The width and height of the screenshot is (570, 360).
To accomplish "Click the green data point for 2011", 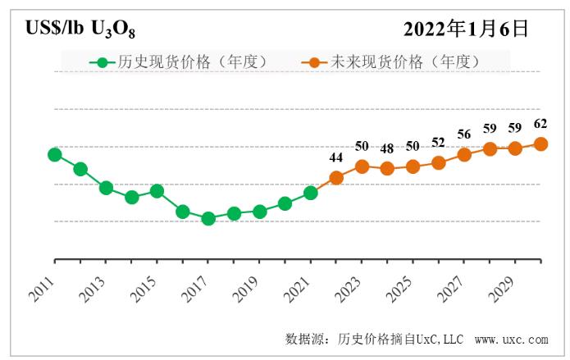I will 55,154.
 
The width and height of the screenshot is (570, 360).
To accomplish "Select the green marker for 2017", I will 208,218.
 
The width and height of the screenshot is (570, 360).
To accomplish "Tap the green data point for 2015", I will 157,191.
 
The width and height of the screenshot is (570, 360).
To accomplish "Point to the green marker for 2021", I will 311,193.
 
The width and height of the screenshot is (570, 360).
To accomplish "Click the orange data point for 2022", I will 336,177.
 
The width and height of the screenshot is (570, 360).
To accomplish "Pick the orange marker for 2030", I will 541,144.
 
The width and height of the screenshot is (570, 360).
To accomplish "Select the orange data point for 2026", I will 439,162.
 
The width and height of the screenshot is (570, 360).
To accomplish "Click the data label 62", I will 540,124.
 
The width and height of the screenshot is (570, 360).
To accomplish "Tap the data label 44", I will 336,157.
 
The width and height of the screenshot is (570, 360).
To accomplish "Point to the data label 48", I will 387,148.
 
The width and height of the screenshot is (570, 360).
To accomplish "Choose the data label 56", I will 464,134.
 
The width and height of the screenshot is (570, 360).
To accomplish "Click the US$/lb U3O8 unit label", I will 80,30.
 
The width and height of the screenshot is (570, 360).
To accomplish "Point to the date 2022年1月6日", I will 466,29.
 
